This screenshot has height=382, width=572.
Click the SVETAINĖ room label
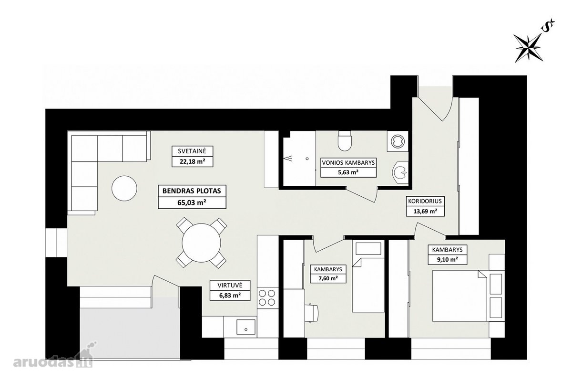pyautogui.click(x=192, y=151)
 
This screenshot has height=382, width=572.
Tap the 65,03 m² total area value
pyautogui.click(x=192, y=203)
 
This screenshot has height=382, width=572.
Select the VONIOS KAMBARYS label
pyautogui.click(x=348, y=162)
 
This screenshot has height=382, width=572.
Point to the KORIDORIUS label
pyautogui.click(x=425, y=201)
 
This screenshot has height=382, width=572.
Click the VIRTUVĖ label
pyautogui.click(x=230, y=285)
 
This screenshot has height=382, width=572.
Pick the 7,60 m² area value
pyautogui.click(x=328, y=278)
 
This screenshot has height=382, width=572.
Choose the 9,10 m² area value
pyautogui.click(x=448, y=260)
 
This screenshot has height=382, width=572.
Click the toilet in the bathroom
pyautogui.click(x=345, y=141)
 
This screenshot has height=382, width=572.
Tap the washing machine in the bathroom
pyautogui.click(x=398, y=141)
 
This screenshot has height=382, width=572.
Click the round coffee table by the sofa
pyautogui.click(x=124, y=188)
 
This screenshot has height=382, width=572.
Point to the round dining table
pyautogui.click(x=201, y=243)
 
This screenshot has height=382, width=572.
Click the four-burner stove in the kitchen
pyautogui.click(x=267, y=298)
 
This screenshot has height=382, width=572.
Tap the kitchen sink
pyautogui.click(x=246, y=327)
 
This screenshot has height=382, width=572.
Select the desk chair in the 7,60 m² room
pyautogui.click(x=313, y=313)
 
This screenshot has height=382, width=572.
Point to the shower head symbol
pyautogui.click(x=288, y=159)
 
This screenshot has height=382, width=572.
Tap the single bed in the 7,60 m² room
pyautogui.click(x=368, y=276)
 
